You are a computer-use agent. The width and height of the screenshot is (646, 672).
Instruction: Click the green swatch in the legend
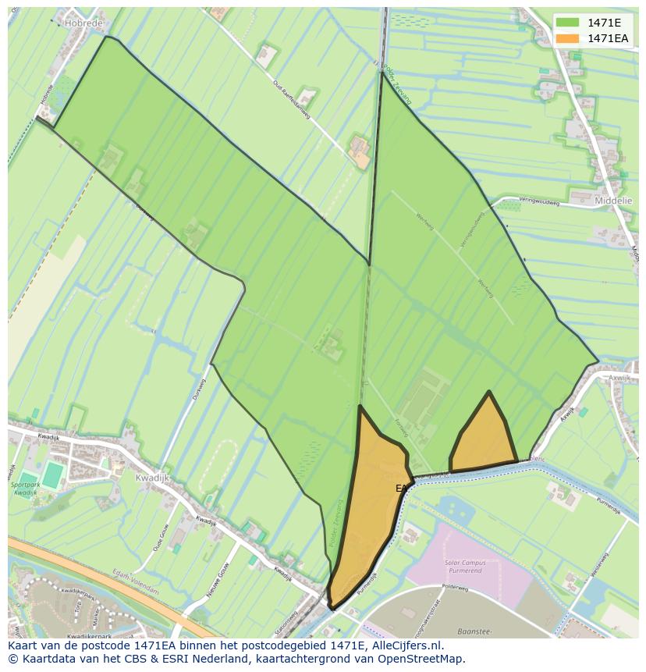tap(567, 23)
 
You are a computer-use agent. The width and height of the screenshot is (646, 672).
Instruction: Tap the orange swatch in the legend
tap(567, 38)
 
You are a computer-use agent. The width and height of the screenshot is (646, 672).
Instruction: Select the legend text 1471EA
tap(608, 38)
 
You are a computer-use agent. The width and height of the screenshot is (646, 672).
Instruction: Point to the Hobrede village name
tap(83, 24)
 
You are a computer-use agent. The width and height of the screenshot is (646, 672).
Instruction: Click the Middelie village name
tap(613, 201)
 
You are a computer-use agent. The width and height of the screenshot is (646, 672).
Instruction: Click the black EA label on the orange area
tap(401, 489)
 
